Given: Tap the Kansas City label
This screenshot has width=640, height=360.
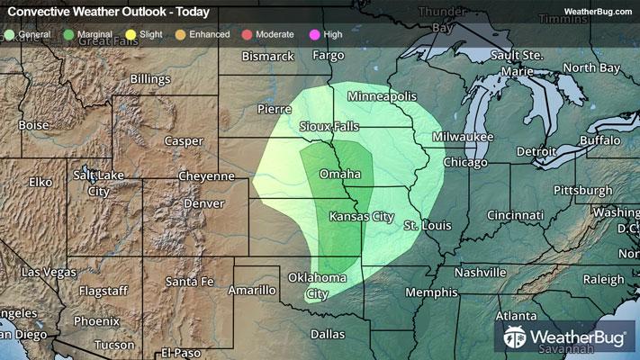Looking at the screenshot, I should point(362,217).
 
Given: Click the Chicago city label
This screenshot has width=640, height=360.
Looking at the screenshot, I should point(464,163).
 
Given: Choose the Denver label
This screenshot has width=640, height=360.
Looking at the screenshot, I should point(203,203).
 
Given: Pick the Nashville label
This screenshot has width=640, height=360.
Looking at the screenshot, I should point(480,272).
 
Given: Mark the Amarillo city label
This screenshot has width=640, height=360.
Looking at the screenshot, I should point(251,290).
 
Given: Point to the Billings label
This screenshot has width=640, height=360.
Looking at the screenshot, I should point(149,79).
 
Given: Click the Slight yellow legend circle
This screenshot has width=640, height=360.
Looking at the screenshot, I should point(131,34).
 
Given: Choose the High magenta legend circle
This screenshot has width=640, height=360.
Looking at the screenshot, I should point(314,34).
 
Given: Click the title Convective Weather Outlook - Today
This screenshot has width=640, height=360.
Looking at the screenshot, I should point(109,12).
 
